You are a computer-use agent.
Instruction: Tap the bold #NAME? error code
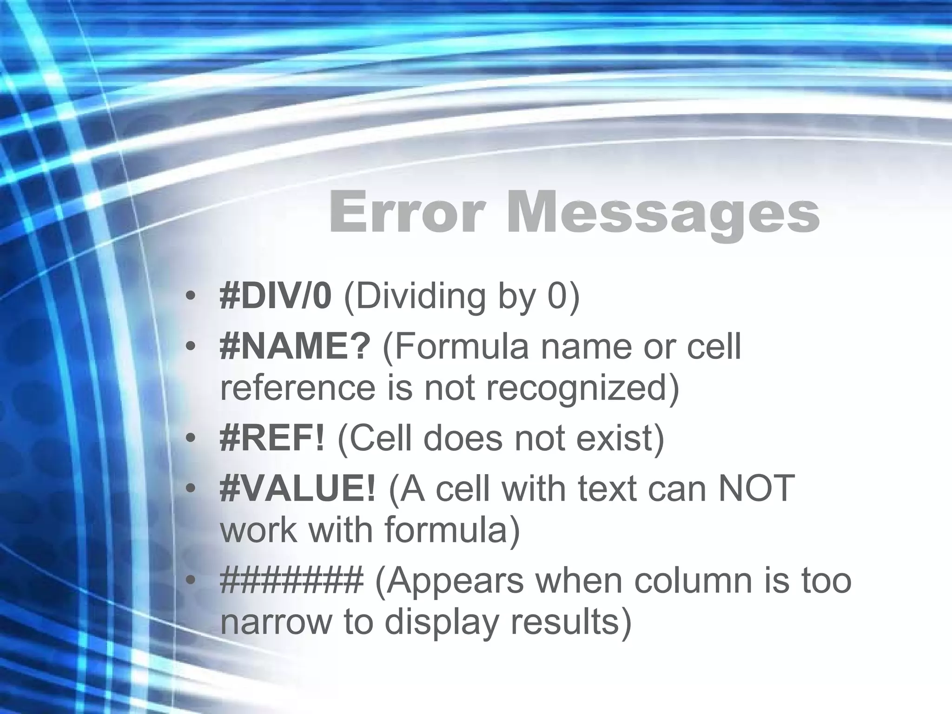[295, 347]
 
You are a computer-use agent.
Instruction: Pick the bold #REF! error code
[272, 438]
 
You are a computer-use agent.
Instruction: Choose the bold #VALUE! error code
[297, 489]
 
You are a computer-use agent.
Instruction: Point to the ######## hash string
[291, 580]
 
